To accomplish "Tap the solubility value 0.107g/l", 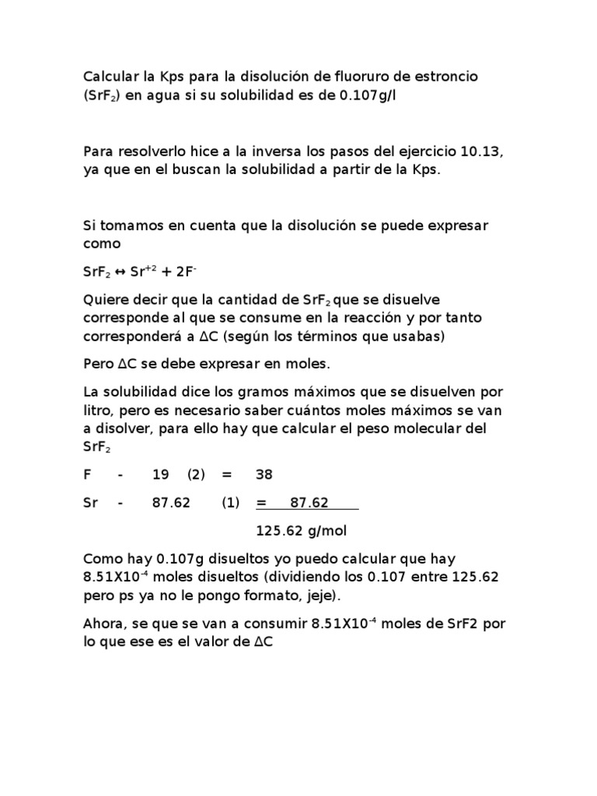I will pyautogui.click(x=368, y=95).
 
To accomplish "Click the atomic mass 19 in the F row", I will pyautogui.click(x=160, y=474).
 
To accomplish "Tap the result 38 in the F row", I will pyautogui.click(x=264, y=474).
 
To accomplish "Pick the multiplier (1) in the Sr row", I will pyautogui.click(x=231, y=502).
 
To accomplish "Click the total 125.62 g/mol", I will pyautogui.click(x=301, y=531).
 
